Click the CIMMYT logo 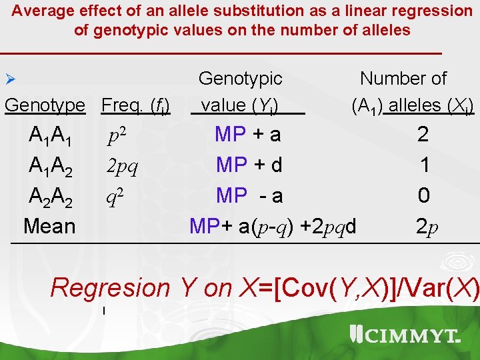tap(405, 335)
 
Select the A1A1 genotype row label tap(51, 136)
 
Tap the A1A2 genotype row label tap(51, 166)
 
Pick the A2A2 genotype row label tap(51, 196)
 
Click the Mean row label tap(49, 226)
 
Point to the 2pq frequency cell tap(122, 166)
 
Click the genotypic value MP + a tap(247, 135)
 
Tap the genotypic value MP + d tap(249, 165)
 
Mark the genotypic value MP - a tap(249, 195)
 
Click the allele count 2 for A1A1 tap(423, 135)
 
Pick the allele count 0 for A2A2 tap(423, 195)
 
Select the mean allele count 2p tap(427, 227)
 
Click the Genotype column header tap(45, 105)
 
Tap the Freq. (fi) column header tap(135, 105)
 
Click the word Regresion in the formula tap(110, 288)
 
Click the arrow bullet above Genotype tap(9, 79)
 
